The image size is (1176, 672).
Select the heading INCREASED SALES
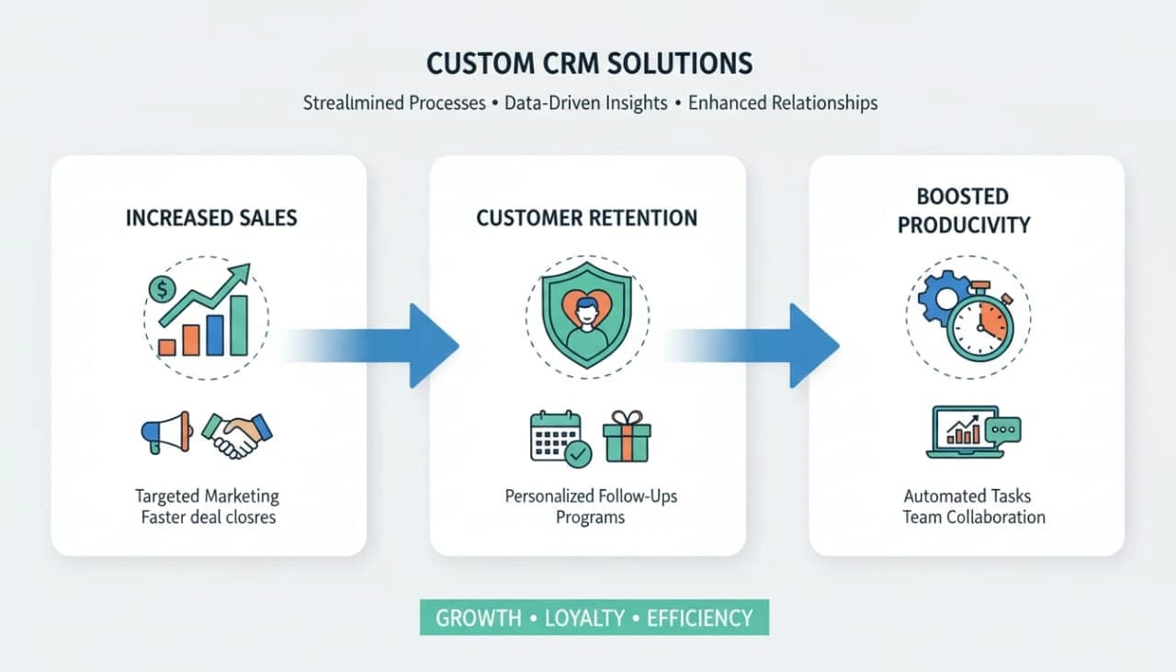211,218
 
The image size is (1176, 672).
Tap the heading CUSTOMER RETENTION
586,218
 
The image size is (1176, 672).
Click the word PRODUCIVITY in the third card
964,224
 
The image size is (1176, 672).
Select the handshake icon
236,434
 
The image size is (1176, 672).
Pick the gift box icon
627,435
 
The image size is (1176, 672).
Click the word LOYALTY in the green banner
584,618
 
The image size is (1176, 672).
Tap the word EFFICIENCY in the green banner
699,618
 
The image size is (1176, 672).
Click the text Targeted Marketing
207,496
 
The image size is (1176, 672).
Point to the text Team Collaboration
974,517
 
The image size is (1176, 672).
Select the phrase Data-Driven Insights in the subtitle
586,103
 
